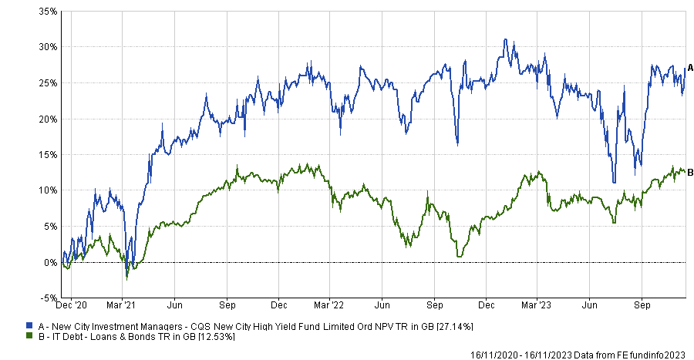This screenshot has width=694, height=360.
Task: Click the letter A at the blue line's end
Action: point(690,68)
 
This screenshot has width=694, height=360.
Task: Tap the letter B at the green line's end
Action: point(690,171)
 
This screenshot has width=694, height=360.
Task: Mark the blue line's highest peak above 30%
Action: point(505,39)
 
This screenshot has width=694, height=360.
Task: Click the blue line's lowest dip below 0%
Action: point(127,277)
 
